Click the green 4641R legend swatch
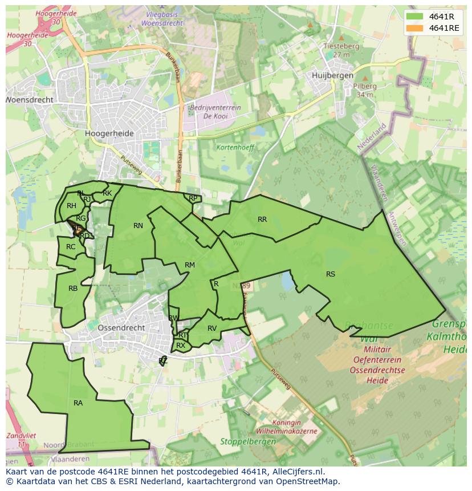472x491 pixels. pos(415,17)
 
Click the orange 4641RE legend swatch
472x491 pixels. pos(415,28)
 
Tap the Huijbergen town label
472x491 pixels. pos(333,75)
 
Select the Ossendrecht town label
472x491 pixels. pos(121,328)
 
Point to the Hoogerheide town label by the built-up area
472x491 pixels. pos(109,133)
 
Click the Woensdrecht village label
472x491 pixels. pos(30,100)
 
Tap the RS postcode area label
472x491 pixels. pos(331,274)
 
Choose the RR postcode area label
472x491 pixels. pos(262,219)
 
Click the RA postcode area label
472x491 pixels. pos(78,403)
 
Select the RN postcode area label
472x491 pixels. pos(138,226)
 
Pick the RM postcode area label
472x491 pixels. pos(190,265)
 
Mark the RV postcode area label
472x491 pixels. pos(212,328)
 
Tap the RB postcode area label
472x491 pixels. pos(73,289)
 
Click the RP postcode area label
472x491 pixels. pos(193,198)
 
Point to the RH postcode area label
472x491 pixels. pos(71,206)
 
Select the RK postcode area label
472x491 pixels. pos(107,193)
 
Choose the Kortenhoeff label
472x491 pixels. pos(235,147)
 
